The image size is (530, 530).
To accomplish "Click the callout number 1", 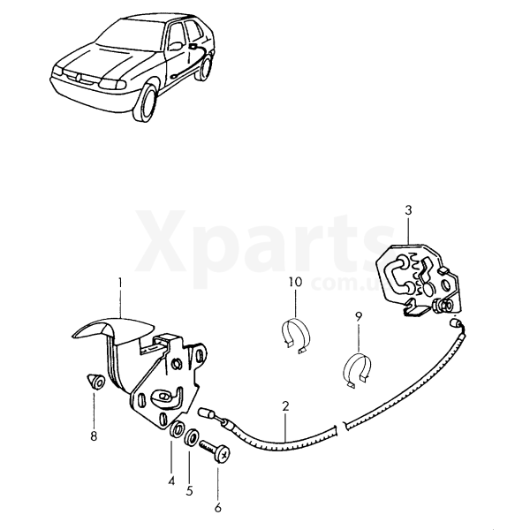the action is click(x=120, y=283).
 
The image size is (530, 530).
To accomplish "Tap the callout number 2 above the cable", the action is click(x=285, y=406).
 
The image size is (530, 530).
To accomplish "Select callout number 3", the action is click(x=408, y=210).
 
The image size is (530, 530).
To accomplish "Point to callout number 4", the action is click(x=171, y=481).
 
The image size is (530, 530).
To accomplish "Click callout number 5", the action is click(x=189, y=491).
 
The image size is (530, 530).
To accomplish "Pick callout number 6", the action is click(x=218, y=507).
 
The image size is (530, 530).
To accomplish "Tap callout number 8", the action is click(x=94, y=436).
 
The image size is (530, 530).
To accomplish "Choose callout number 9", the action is click(x=359, y=317).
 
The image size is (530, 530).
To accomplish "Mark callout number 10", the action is click(x=295, y=282).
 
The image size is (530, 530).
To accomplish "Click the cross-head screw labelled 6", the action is click(x=216, y=450).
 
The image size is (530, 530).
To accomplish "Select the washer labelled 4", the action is click(x=177, y=428).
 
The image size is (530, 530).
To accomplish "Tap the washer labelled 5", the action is click(x=192, y=437).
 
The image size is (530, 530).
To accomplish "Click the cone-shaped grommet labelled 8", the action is click(x=96, y=382).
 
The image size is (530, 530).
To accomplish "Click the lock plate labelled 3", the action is click(x=419, y=280).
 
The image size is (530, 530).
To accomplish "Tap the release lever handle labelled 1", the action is click(x=113, y=329).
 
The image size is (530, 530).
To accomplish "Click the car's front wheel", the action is click(x=147, y=103).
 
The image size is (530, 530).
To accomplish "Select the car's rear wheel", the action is click(x=205, y=68).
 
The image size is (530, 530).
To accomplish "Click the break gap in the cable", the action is click(x=341, y=427).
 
